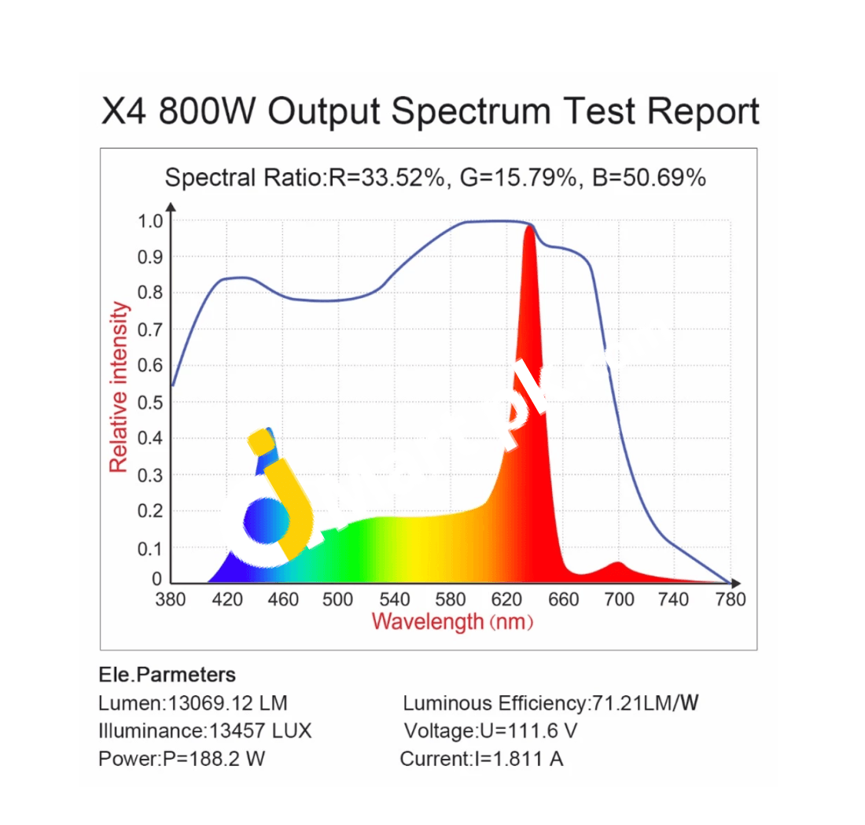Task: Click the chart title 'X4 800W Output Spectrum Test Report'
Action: click(x=431, y=112)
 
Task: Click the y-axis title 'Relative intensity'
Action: click(x=119, y=388)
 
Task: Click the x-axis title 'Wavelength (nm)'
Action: click(x=453, y=622)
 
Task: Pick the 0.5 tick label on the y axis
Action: click(x=149, y=403)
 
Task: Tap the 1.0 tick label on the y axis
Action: click(x=149, y=221)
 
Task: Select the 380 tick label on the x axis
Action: click(x=171, y=600)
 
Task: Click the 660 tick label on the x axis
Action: click(x=563, y=600)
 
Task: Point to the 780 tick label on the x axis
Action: click(x=731, y=600)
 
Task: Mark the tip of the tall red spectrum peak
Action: click(x=529, y=227)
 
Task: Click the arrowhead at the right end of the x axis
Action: click(x=735, y=583)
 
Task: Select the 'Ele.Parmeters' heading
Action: click(x=167, y=675)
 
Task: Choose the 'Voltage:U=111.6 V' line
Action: click(x=491, y=731)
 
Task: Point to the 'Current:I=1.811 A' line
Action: click(x=481, y=759)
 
